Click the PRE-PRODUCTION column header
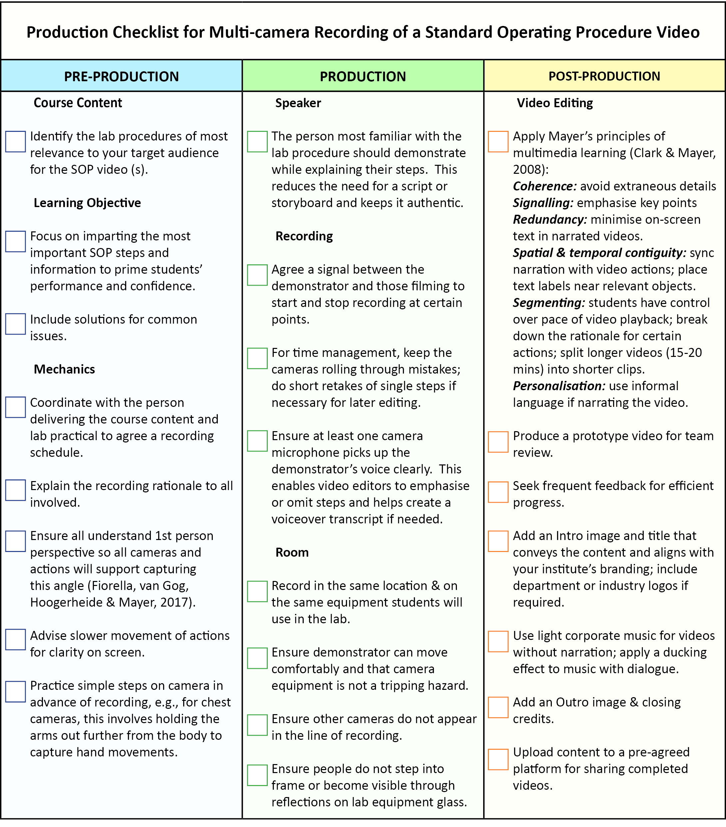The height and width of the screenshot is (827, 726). pyautogui.click(x=122, y=77)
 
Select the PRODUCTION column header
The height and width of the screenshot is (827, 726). pyautogui.click(x=363, y=77)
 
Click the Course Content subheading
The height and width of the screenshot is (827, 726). pyautogui.click(x=78, y=103)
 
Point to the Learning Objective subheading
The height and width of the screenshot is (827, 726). pyautogui.click(x=87, y=203)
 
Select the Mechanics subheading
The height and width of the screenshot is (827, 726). pyautogui.click(x=64, y=369)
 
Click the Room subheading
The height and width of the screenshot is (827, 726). pyautogui.click(x=292, y=552)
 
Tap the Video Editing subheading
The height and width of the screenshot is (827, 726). pyautogui.click(x=554, y=103)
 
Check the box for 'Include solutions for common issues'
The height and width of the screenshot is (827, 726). pyautogui.click(x=16, y=324)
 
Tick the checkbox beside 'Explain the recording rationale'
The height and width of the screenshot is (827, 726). pyautogui.click(x=16, y=490)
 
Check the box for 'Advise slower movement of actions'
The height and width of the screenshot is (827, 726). pyautogui.click(x=16, y=640)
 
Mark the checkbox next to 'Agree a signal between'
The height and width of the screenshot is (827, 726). pyautogui.click(x=257, y=275)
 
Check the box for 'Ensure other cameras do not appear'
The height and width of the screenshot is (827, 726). pyautogui.click(x=257, y=725)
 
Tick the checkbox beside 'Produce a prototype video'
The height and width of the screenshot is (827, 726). pyautogui.click(x=498, y=441)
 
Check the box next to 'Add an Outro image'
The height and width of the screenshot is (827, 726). pyautogui.click(x=498, y=707)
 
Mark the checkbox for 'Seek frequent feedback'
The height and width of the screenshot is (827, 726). pyautogui.click(x=498, y=492)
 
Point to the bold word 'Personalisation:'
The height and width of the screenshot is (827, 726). pyautogui.click(x=559, y=386)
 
